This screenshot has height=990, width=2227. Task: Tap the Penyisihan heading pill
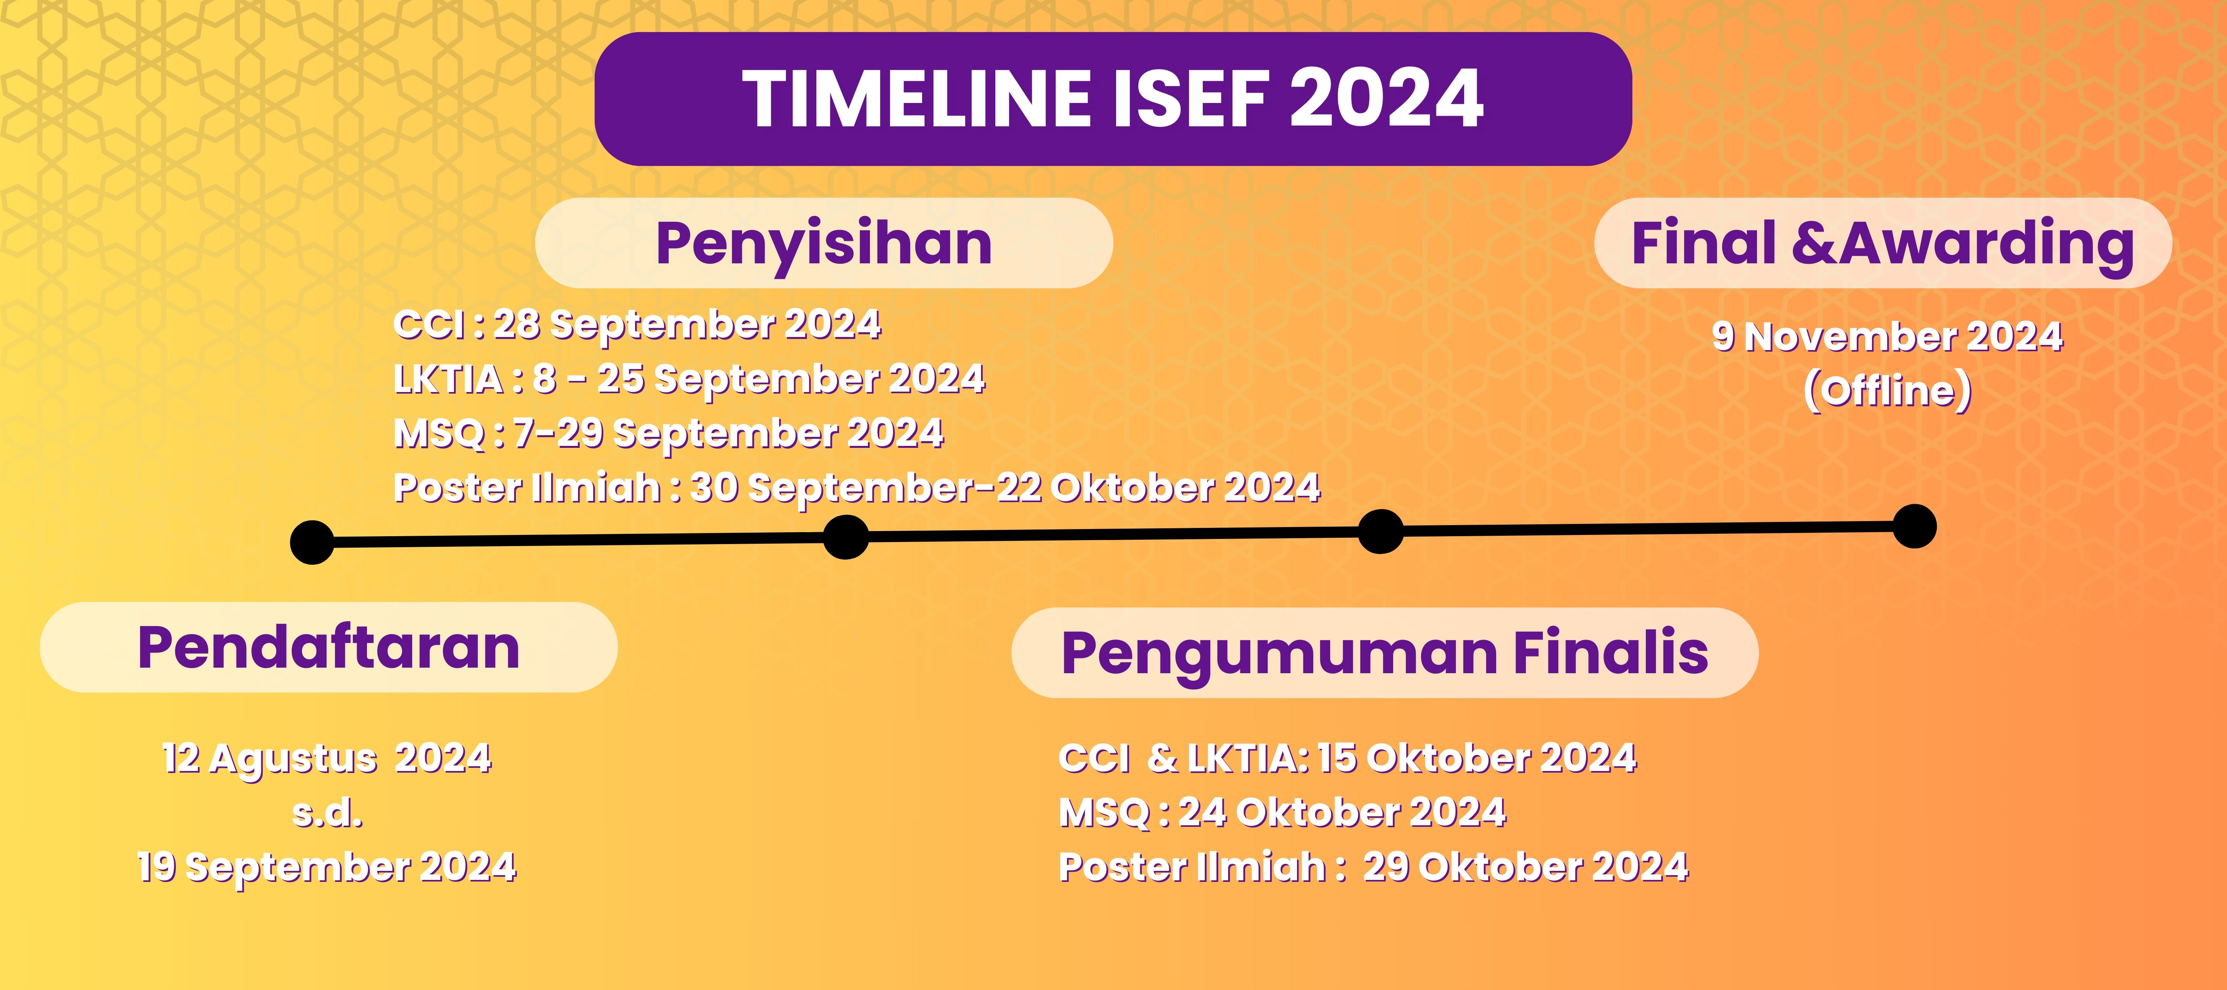click(824, 243)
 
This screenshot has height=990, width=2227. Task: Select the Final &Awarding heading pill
click(1883, 243)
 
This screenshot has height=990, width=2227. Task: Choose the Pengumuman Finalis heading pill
click(1385, 653)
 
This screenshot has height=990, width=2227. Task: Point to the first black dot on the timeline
click(312, 542)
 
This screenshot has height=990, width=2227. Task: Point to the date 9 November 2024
click(1887, 336)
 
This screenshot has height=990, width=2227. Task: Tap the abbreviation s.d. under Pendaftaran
click(328, 813)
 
